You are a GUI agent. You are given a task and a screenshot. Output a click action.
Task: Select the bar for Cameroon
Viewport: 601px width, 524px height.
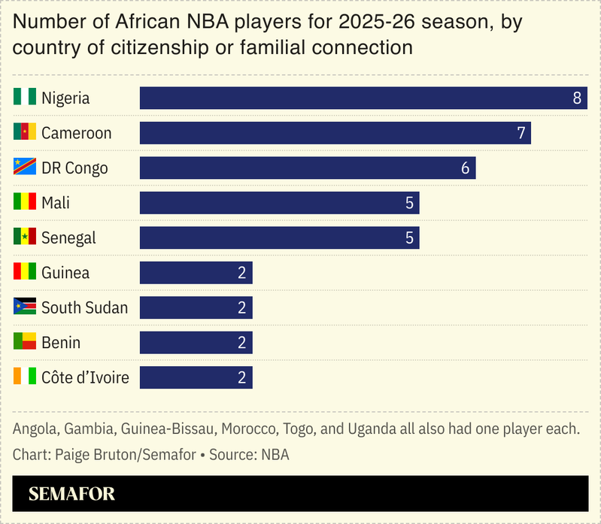[335, 133]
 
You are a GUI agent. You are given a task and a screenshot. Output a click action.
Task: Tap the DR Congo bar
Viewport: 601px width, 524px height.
[308, 168]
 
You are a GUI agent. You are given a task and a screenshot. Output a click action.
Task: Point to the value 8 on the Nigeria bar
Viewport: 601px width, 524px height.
[577, 98]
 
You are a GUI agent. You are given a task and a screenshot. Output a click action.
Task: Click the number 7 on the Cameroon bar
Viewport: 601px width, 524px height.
[521, 133]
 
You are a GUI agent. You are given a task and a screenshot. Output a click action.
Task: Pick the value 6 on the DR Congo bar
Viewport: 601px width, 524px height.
[465, 168]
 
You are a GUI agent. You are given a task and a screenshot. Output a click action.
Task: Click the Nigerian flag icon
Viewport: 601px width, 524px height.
[25, 97]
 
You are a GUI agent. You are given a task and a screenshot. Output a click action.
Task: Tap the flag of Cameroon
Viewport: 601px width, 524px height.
[25, 132]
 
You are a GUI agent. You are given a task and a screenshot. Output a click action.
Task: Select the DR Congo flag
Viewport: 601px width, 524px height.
[25, 167]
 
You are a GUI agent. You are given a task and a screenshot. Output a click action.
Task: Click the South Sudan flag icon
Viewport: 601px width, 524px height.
[25, 307]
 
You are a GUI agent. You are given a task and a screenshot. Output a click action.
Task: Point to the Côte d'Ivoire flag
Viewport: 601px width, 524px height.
[25, 377]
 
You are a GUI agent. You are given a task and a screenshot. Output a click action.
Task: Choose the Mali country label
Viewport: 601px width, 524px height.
[56, 203]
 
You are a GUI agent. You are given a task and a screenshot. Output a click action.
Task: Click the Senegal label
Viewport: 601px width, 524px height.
[68, 238]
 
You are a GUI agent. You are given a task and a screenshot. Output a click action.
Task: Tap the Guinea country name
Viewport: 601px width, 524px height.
[65, 273]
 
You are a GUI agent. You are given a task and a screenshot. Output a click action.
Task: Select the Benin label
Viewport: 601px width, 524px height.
[61, 343]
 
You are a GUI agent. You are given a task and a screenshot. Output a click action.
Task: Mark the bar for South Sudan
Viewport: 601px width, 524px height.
[196, 307]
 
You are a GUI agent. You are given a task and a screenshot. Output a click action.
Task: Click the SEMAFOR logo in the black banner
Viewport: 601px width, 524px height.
[71, 494]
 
